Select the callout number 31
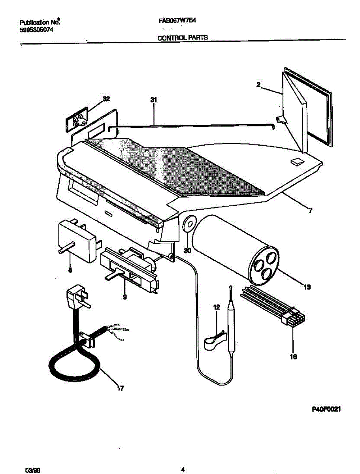(153, 101)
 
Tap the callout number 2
(258, 85)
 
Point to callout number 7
(310, 211)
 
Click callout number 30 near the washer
(188, 250)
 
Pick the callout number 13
(307, 287)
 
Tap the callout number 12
(216, 307)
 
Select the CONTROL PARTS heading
(183, 38)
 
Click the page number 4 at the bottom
(183, 469)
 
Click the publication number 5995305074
(36, 29)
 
